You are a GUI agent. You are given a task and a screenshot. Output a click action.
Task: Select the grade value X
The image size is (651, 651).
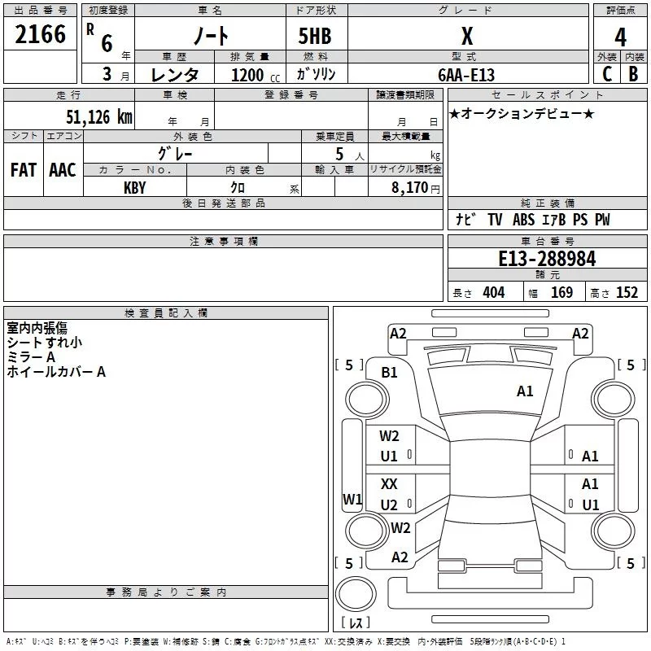tap(466, 36)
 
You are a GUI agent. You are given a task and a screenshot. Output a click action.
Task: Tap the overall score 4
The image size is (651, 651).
tap(621, 36)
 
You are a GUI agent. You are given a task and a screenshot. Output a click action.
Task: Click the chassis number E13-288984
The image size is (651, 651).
tap(547, 260)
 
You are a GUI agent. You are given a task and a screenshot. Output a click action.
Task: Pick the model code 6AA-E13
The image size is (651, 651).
tap(466, 74)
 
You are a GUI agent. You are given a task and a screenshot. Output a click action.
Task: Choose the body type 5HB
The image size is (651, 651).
tap(315, 36)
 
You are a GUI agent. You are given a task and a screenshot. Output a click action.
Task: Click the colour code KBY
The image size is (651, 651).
tap(135, 187)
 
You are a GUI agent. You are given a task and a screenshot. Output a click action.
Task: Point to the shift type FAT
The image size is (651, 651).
tap(24, 169)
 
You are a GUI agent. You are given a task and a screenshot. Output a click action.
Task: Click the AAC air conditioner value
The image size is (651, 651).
tap(63, 169)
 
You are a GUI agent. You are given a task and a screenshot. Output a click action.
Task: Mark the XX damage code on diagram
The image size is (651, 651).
tap(389, 484)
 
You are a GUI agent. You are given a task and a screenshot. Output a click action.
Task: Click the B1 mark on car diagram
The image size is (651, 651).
tap(389, 372)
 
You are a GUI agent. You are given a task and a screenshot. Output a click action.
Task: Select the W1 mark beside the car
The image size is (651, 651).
tap(352, 499)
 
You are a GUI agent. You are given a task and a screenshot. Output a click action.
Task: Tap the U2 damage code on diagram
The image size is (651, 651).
tap(389, 505)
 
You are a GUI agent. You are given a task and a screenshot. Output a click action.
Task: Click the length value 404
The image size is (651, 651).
tap(493, 293)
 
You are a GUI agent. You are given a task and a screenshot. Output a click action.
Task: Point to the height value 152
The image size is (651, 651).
tap(627, 293)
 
